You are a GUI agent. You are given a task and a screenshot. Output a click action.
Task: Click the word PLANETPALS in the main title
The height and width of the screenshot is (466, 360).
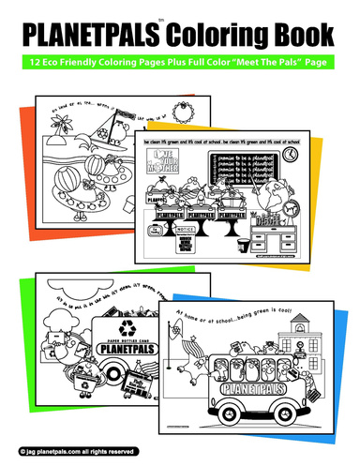pos(92,37)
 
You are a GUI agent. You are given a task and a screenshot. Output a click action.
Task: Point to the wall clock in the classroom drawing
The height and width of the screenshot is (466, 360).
pos(292,153)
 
